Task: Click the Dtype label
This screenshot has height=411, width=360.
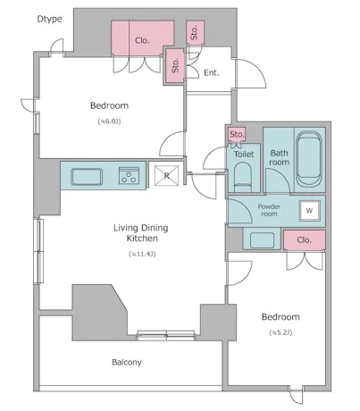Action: click(x=49, y=19)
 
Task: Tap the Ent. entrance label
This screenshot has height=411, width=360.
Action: click(x=212, y=72)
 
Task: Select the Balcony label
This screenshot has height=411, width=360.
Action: click(x=127, y=362)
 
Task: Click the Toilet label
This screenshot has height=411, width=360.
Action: click(x=244, y=154)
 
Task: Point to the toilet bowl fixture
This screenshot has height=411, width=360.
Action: click(x=243, y=177)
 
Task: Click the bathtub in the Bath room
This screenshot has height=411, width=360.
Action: click(x=309, y=159)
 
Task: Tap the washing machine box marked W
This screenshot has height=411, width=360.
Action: click(x=309, y=211)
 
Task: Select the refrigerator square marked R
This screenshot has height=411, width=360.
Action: click(x=167, y=175)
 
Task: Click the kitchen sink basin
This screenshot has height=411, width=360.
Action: click(x=87, y=177)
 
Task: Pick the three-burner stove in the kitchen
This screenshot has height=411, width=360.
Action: click(x=129, y=175)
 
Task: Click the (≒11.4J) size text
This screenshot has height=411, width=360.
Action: click(x=142, y=254)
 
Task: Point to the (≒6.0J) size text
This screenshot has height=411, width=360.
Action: click(x=110, y=122)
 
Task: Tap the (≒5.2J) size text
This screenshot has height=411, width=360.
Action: click(x=280, y=332)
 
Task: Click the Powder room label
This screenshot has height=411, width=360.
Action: click(x=269, y=210)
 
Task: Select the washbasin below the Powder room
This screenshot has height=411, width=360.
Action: click(x=262, y=240)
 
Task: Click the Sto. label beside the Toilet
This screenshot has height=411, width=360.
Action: click(x=237, y=134)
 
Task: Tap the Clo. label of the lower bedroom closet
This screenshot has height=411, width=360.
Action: click(x=304, y=239)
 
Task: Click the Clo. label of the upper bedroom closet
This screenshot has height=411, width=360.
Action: click(x=142, y=40)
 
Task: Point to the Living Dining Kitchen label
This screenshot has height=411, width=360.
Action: click(x=140, y=233)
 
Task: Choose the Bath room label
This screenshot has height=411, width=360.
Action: click(x=280, y=157)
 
